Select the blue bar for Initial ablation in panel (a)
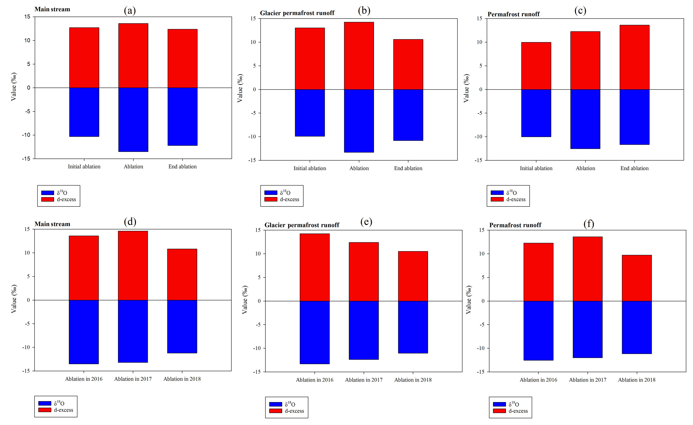84,112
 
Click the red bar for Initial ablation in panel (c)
536,66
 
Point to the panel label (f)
589,224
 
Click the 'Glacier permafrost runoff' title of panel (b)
297,13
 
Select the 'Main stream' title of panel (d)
52,224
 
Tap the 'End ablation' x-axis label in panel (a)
183,167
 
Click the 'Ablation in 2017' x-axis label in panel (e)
364,380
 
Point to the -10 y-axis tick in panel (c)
478,137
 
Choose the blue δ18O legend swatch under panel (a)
47,193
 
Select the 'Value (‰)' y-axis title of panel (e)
245,300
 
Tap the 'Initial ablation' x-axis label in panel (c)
536,168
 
